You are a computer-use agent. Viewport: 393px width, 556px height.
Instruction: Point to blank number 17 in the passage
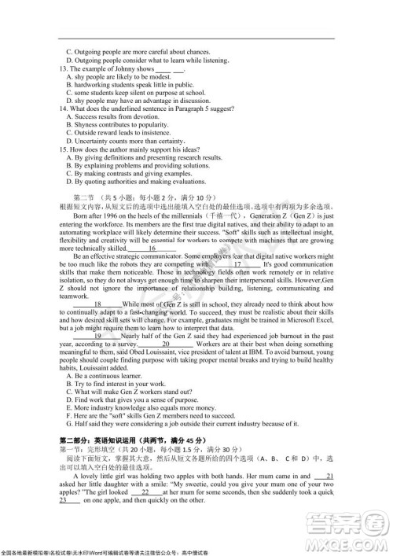pos(237,265)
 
